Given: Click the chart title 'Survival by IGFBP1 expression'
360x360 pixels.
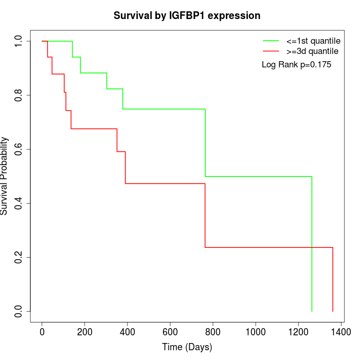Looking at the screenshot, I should pyautogui.click(x=187, y=15).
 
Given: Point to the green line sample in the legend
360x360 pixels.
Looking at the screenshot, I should pyautogui.click(x=271, y=41).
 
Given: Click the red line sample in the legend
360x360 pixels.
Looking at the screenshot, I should pyautogui.click(x=271, y=51).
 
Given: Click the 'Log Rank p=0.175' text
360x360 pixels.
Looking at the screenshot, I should pyautogui.click(x=296, y=65).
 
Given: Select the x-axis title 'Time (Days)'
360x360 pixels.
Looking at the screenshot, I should pyautogui.click(x=187, y=347).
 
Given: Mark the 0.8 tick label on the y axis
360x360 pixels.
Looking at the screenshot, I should pyautogui.click(x=19, y=95).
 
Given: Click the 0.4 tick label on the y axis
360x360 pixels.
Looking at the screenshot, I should pyautogui.click(x=19, y=203).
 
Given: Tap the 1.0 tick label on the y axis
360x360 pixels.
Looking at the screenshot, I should pyautogui.click(x=19, y=41).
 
